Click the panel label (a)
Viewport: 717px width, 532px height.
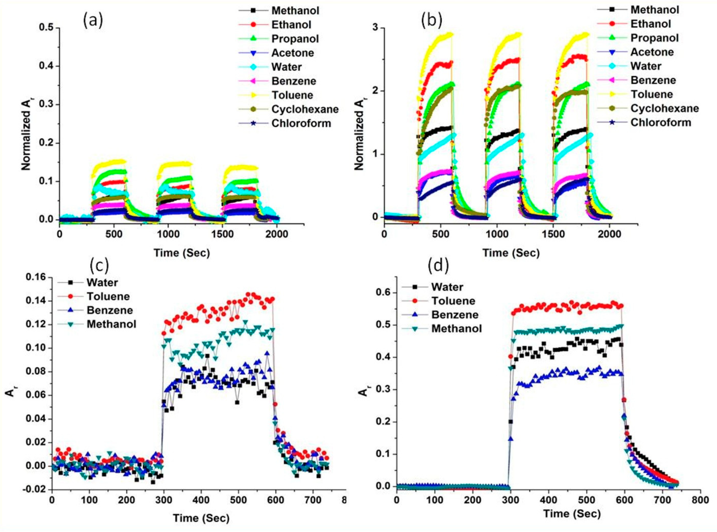(x=93, y=21)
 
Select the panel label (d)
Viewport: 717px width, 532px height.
(x=438, y=266)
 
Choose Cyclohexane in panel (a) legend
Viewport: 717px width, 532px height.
(x=305, y=109)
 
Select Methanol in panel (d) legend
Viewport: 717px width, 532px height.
(x=457, y=328)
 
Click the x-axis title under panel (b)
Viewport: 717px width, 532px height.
(x=511, y=253)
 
